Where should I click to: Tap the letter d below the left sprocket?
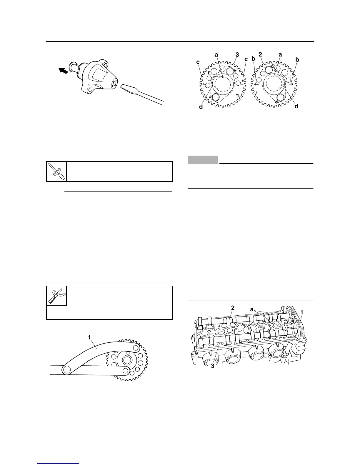pos(201,107)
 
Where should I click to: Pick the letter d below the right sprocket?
pos(296,106)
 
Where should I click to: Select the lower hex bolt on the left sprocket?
pos(215,98)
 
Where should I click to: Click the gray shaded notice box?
pos(203,159)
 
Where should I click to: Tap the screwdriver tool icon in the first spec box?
pos(57,171)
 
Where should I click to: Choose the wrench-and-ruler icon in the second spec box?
pos(57,296)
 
